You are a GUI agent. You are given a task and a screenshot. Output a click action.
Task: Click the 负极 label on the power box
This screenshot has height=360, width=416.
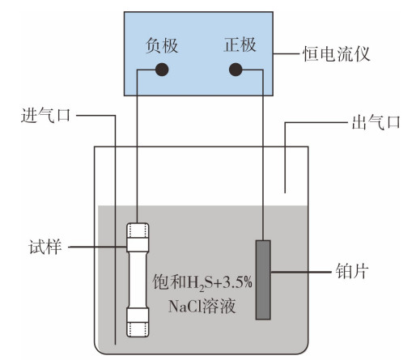point(162,45)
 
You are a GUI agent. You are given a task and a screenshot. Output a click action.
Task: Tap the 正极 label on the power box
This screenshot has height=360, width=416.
point(240,44)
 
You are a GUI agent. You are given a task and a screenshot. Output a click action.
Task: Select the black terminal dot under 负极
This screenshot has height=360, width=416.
point(162,70)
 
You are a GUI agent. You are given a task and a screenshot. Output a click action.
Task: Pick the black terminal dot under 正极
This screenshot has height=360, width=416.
point(236,70)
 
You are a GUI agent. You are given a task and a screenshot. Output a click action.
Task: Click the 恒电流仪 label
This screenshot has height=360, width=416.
point(336,54)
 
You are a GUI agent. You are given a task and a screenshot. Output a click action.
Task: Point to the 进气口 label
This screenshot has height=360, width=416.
point(45,116)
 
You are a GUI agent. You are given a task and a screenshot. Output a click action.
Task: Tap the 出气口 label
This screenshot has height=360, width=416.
point(376,122)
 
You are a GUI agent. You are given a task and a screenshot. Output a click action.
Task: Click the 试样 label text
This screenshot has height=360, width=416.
point(45,247)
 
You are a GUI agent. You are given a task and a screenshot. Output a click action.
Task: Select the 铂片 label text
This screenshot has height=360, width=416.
point(352,271)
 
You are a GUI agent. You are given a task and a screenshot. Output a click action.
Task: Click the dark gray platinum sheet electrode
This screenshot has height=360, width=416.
point(263,280)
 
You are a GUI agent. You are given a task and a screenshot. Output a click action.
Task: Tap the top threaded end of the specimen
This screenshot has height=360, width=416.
point(138,237)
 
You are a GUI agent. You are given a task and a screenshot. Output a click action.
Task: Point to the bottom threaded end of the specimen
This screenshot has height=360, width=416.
point(138,323)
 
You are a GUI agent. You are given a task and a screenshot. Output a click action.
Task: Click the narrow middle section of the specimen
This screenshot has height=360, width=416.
point(138,280)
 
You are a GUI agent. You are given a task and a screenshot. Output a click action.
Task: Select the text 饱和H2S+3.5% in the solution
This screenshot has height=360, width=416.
point(202,283)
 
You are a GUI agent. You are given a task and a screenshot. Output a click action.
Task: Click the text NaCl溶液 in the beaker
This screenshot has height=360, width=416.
point(202,306)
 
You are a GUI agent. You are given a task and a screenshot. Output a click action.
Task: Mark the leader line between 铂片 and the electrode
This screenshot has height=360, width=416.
point(301,272)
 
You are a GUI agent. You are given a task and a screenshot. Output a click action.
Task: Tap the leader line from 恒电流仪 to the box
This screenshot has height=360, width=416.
point(287,53)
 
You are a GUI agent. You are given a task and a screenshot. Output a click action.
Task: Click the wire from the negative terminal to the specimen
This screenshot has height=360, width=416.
point(137,146)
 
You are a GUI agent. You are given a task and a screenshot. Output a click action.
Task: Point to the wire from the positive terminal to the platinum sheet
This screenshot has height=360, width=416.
point(263,154)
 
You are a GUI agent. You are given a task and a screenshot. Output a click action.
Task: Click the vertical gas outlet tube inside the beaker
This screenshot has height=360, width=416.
point(285,158)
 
